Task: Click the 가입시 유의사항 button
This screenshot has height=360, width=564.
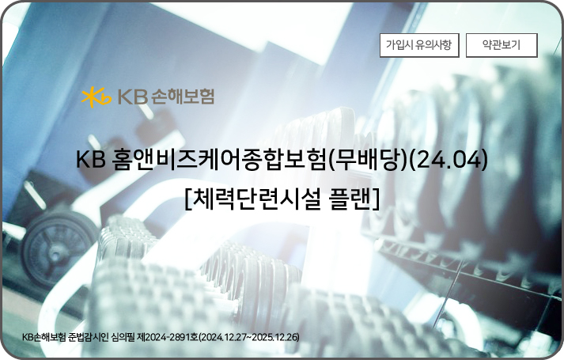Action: [419, 45]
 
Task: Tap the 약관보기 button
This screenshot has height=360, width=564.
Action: [502, 45]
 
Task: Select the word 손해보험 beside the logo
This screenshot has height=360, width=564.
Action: [183, 96]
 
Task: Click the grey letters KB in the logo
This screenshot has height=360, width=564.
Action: [133, 97]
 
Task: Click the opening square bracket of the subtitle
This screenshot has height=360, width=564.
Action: [188, 199]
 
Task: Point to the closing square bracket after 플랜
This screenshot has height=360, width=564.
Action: [376, 199]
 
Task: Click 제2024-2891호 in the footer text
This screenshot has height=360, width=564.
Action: [167, 337]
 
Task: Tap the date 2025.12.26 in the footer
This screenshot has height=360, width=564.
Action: [274, 337]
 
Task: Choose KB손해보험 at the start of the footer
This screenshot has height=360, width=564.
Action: [44, 337]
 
